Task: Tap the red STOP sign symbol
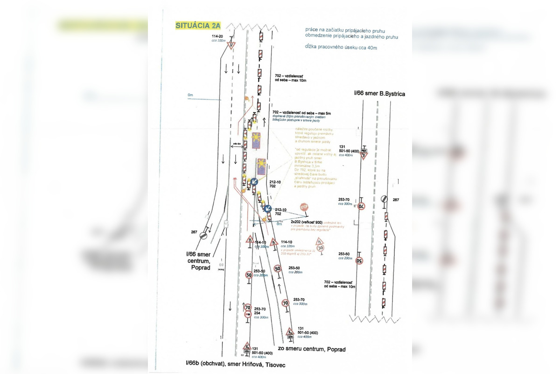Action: point(304,207)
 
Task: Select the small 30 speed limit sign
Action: point(320,249)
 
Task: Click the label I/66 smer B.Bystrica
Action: point(379,93)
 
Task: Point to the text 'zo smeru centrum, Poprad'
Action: point(311,349)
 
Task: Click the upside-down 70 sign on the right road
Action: point(361,206)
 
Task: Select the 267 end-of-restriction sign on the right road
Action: point(384,199)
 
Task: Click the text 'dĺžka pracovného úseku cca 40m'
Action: point(341,47)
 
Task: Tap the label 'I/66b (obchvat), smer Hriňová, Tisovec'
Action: point(235,364)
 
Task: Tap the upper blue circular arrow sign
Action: point(254,182)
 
